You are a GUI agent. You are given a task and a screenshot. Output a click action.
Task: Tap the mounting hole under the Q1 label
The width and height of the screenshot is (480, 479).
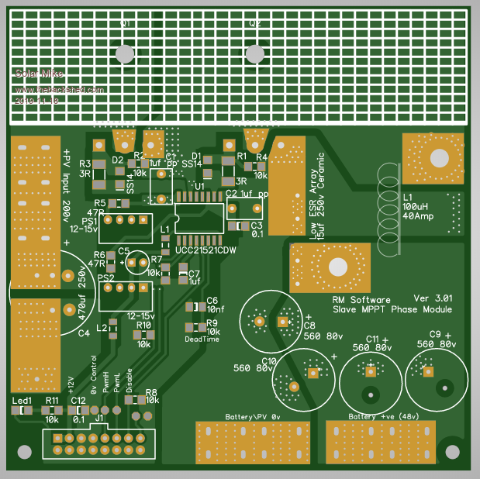tap(124, 53)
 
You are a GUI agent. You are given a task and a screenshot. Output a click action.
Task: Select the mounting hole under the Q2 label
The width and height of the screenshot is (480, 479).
tap(254, 53)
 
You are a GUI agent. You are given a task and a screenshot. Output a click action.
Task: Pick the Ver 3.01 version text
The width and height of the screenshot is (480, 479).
tap(433, 298)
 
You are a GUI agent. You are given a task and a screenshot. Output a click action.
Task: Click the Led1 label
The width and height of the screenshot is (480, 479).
tap(22, 401)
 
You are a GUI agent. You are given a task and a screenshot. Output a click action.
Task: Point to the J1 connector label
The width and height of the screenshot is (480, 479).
tap(99, 419)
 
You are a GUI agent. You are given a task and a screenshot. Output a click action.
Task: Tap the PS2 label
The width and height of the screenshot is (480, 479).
tap(106, 277)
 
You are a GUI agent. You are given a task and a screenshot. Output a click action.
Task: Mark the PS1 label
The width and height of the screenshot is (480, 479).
tap(91, 222)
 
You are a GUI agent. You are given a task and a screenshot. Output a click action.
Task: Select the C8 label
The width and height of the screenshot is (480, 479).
tap(309, 326)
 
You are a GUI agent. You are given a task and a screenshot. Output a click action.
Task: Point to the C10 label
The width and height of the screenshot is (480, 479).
tap(268, 361)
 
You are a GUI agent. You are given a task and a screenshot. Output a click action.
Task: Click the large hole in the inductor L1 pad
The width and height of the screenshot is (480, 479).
tap(440, 158)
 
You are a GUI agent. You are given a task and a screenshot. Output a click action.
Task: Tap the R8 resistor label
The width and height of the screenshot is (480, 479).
tap(151, 392)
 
